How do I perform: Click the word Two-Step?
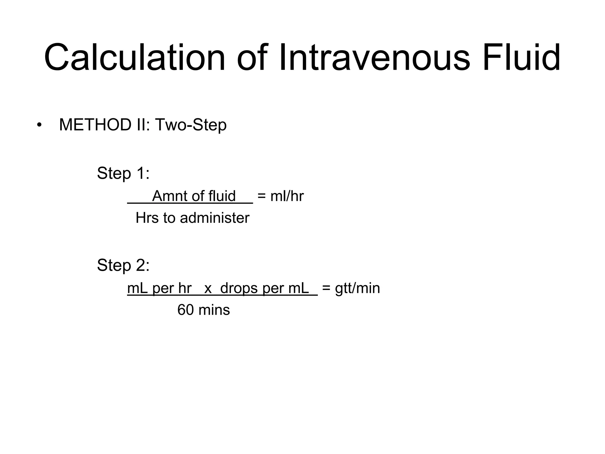point(191,125)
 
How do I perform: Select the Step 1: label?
point(123,173)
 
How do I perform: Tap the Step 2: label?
point(123,265)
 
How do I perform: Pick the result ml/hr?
point(287,196)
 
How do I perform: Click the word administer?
point(214,218)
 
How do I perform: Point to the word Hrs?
point(147,218)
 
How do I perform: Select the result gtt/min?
point(357,288)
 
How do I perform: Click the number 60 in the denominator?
point(185,310)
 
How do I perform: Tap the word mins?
point(214,310)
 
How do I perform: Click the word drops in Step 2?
point(239,288)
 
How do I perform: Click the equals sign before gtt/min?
point(326,288)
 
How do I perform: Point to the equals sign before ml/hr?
point(261,196)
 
